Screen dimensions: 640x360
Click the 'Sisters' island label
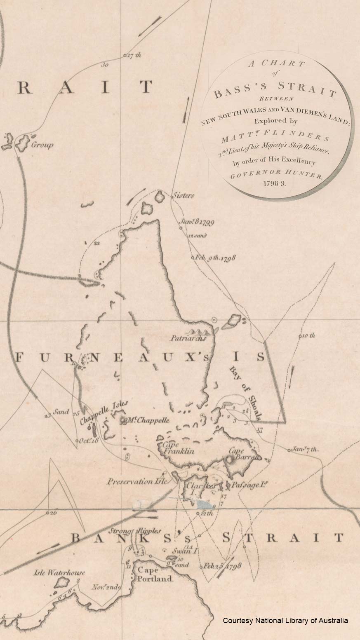click(184, 195)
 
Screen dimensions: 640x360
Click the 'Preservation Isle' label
click(138, 481)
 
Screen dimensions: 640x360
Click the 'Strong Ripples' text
click(136, 531)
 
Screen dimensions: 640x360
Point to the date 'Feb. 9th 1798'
click(215, 258)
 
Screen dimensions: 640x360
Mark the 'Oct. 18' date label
click(89, 440)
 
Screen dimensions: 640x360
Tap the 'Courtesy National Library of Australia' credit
click(285, 620)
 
